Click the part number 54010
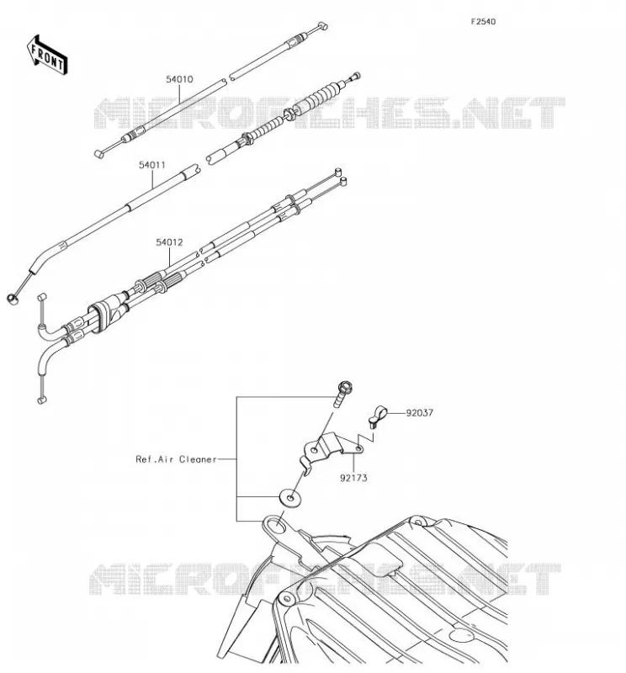point(179,79)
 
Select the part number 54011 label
point(152,165)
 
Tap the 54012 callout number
point(169,242)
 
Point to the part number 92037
point(420,413)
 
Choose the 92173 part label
point(353,478)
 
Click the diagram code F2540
point(483,22)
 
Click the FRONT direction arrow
point(47,56)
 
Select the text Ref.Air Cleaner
point(176,459)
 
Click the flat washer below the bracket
point(290,498)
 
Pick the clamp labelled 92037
point(378,416)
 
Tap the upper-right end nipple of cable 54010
point(322,27)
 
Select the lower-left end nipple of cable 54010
point(98,154)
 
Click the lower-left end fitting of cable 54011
point(13,299)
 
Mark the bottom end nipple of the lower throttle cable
point(41,400)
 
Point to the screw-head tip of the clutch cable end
point(356,77)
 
